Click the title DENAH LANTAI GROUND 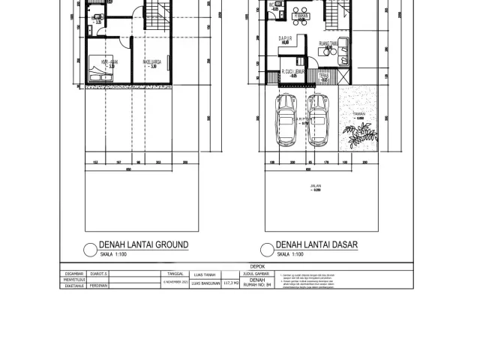coord(143,245)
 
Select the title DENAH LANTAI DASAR coord(316,245)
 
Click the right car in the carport coord(319,121)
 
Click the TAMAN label coord(359,114)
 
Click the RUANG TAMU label coord(327,43)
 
